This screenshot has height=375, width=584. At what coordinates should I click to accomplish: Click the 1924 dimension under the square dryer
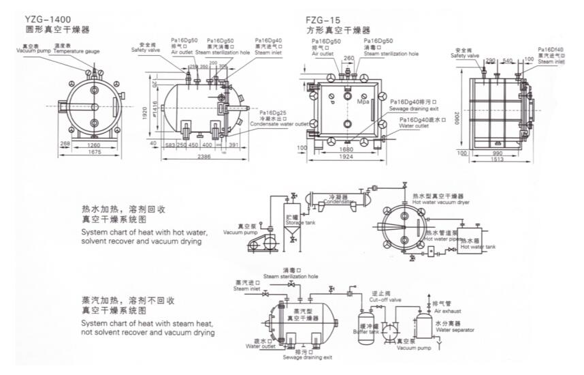[348, 156]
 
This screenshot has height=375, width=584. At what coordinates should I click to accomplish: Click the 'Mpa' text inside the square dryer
[362, 102]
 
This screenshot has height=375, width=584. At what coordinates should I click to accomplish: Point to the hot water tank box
[472, 243]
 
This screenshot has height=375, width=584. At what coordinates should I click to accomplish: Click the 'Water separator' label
[453, 330]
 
